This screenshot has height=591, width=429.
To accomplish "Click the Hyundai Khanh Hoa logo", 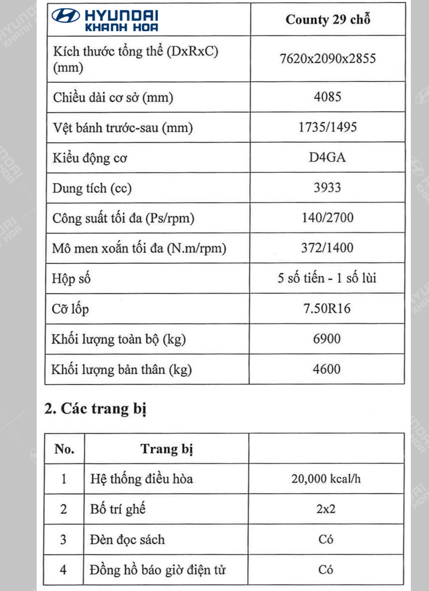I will pyautogui.click(x=106, y=20).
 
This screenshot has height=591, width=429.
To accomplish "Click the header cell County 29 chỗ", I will pyautogui.click(x=327, y=20).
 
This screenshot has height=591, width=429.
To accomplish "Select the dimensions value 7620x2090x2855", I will pyautogui.click(x=327, y=59).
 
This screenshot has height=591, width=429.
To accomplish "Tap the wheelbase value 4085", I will pyautogui.click(x=327, y=97).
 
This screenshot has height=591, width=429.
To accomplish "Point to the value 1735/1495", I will pyautogui.click(x=327, y=128).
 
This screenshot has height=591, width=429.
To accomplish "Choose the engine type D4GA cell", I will pyautogui.click(x=327, y=158).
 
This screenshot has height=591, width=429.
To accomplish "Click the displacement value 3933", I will pyautogui.click(x=327, y=188).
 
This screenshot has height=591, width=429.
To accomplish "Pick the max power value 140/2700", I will pyautogui.click(x=327, y=218).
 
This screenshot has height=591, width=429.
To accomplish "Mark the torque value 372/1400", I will pyautogui.click(x=327, y=248).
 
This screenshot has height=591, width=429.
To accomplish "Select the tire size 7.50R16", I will pyautogui.click(x=327, y=309).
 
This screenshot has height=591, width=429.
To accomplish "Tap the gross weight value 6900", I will pyautogui.click(x=327, y=339).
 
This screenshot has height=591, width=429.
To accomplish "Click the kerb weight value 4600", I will pyautogui.click(x=327, y=369).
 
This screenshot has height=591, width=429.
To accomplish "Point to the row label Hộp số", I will pyautogui.click(x=71, y=279).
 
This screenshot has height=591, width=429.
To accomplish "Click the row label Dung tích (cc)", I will pyautogui.click(x=92, y=188).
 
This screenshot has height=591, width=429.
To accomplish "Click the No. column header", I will pyautogui.click(x=64, y=449).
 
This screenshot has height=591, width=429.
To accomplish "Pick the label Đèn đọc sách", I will pyautogui.click(x=127, y=540).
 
